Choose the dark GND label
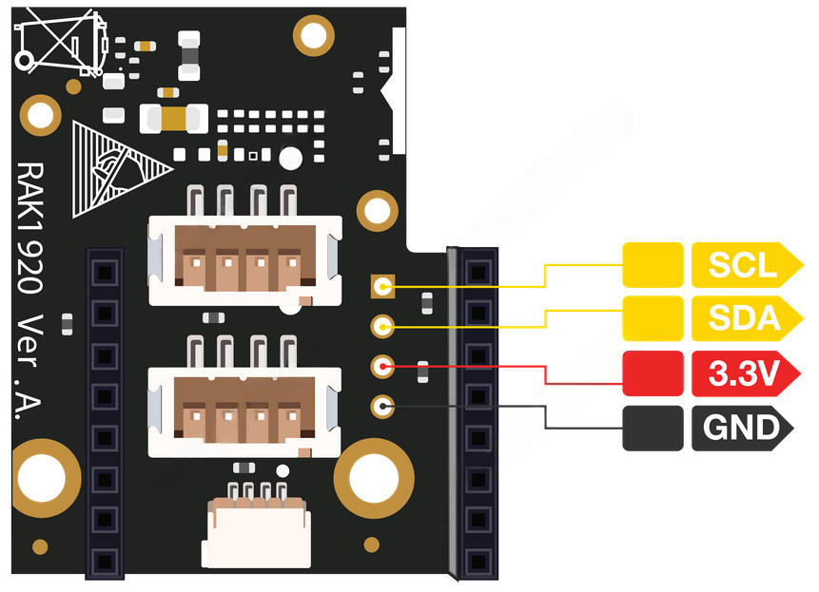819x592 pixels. point(742,429)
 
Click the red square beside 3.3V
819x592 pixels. point(653,373)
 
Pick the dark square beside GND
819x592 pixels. point(653,429)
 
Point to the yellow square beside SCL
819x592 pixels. point(653,266)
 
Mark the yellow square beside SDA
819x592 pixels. point(653,318)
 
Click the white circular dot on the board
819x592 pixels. point(290,158)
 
